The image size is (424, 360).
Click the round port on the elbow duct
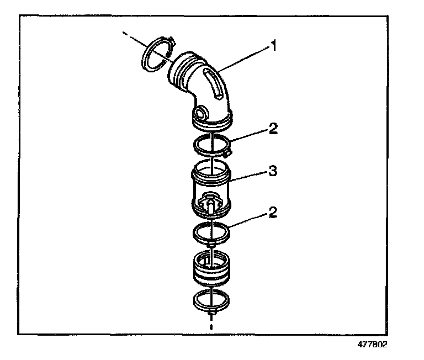pos(201,114)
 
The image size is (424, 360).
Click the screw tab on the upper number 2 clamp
pos(227,151)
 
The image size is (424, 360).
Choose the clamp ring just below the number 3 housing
pos(211,231)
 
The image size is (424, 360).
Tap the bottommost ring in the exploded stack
pos(211,301)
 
